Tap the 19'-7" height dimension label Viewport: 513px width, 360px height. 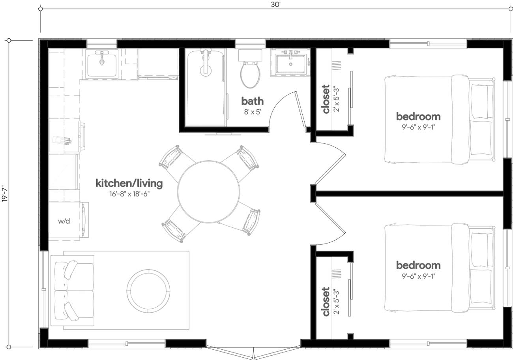(x=5, y=194)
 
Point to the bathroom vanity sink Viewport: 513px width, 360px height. (x=290, y=63)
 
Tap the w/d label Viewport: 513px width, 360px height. (x=64, y=221)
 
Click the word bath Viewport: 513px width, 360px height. (x=253, y=101)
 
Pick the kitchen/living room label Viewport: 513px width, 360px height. (x=129, y=183)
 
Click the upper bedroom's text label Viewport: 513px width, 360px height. (x=418, y=116)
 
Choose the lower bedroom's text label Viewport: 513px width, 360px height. (x=418, y=265)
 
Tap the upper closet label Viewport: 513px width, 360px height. (x=326, y=99)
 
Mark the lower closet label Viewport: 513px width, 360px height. (x=326, y=302)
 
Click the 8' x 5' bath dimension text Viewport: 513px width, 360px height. (x=253, y=111)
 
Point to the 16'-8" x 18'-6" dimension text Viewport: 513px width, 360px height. (x=129, y=194)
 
